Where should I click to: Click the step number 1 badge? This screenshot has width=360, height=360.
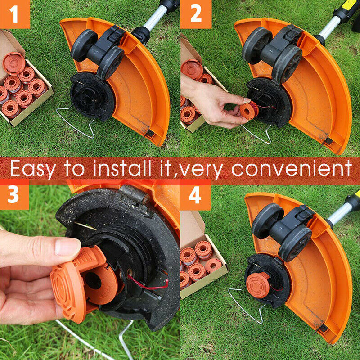tap(15, 14)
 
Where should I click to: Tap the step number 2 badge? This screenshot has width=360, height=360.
tap(196, 14)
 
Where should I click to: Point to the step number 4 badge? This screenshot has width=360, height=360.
tap(196, 195)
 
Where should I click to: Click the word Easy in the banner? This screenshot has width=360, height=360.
tap(33, 169)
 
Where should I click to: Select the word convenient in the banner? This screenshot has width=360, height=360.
tap(291, 168)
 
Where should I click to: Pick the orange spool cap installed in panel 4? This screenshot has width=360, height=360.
tap(257, 285)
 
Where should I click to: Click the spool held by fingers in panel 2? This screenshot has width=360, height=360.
tap(249, 111)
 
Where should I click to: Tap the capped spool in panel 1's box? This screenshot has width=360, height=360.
tap(14, 63)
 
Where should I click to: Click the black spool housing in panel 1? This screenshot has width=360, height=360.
tap(92, 96)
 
